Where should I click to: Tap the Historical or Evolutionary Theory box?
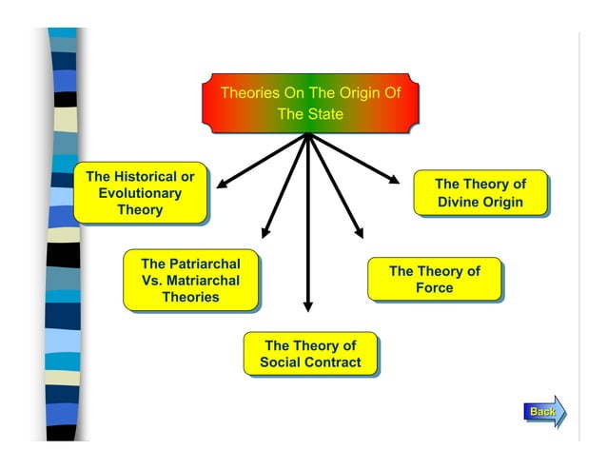coord(140,193)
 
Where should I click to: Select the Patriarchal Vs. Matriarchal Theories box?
coord(190,281)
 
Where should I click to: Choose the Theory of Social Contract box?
coord(310,354)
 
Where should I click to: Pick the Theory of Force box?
coord(434,280)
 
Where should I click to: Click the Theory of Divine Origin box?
coord(480,193)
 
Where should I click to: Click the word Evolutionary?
coord(140,193)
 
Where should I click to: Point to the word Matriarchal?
coord(200,281)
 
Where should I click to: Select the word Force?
coord(434,288)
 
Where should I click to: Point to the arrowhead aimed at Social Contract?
coord(307,305)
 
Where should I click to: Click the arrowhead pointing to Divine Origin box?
coord(395,178)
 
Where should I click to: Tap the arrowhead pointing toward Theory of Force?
coord(359,231)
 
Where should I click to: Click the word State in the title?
coord(325,114)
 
